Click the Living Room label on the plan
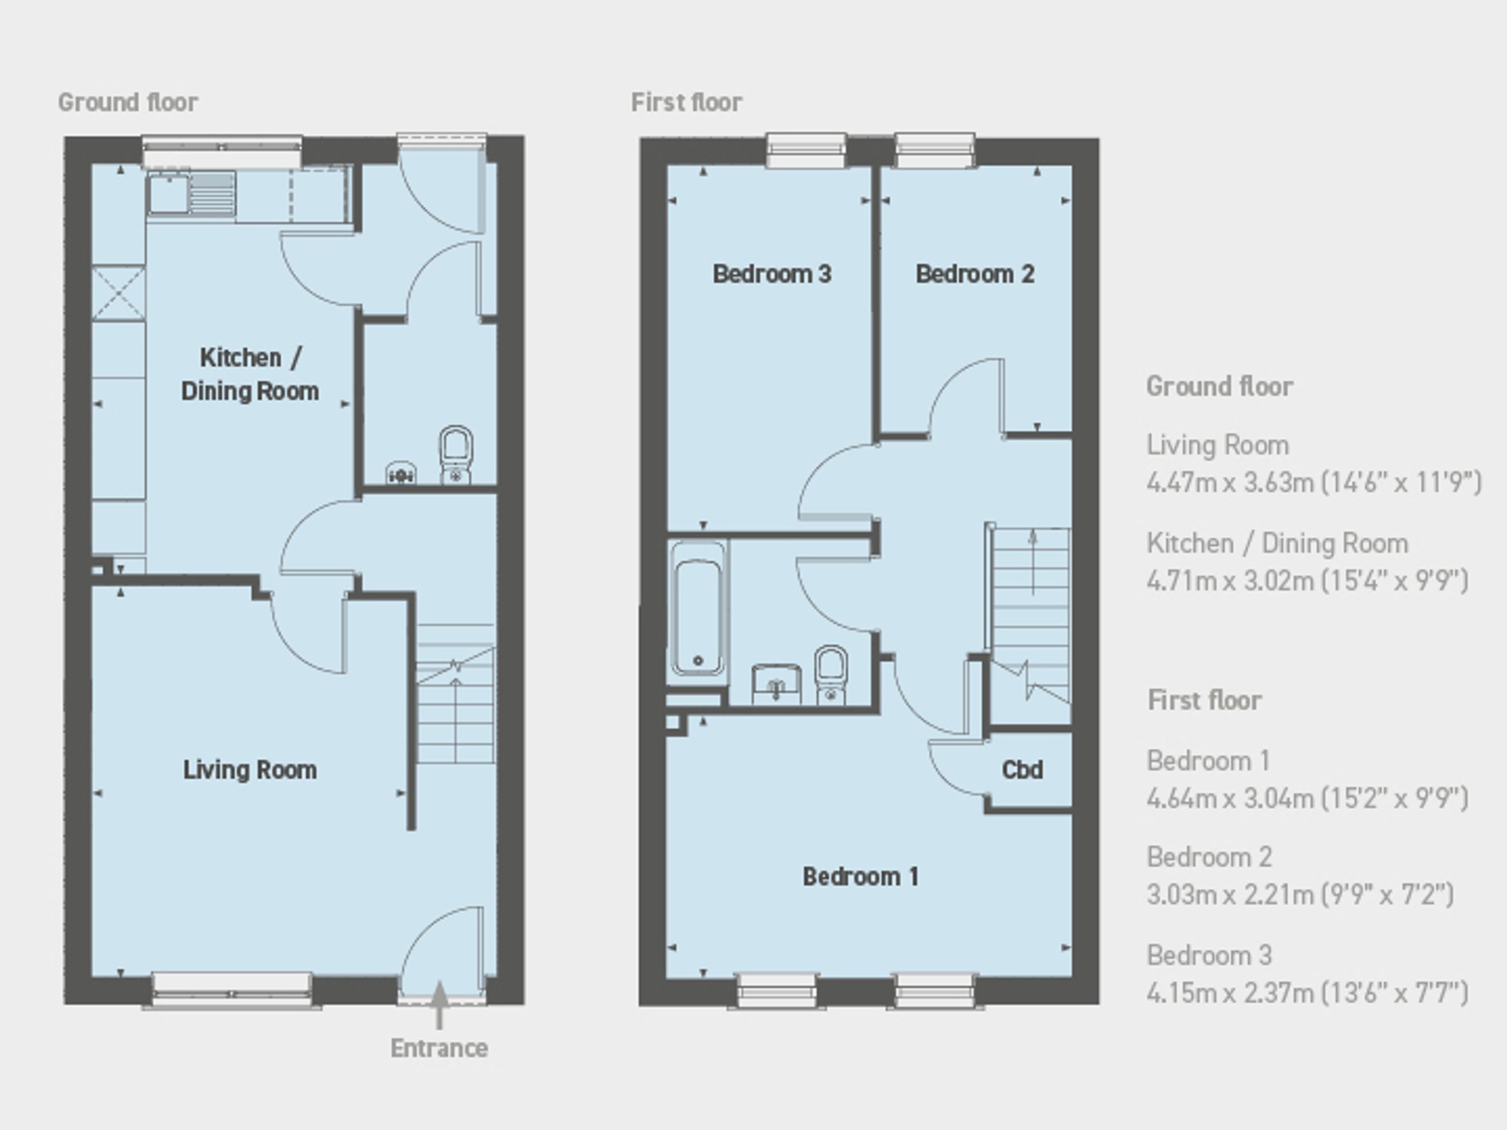point(250,770)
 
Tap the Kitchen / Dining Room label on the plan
point(250,374)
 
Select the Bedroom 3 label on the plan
point(772,274)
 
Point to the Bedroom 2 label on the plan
point(975,274)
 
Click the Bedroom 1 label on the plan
point(860,877)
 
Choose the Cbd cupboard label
point(1022,770)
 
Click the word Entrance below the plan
point(440,1048)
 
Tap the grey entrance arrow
point(440,1004)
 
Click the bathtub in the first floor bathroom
point(698,608)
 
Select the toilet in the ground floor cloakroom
point(456,455)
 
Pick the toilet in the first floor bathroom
point(831,675)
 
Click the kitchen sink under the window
point(191,193)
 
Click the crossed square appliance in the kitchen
point(119,293)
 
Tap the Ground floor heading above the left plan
point(128,102)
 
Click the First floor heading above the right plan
point(687,102)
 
